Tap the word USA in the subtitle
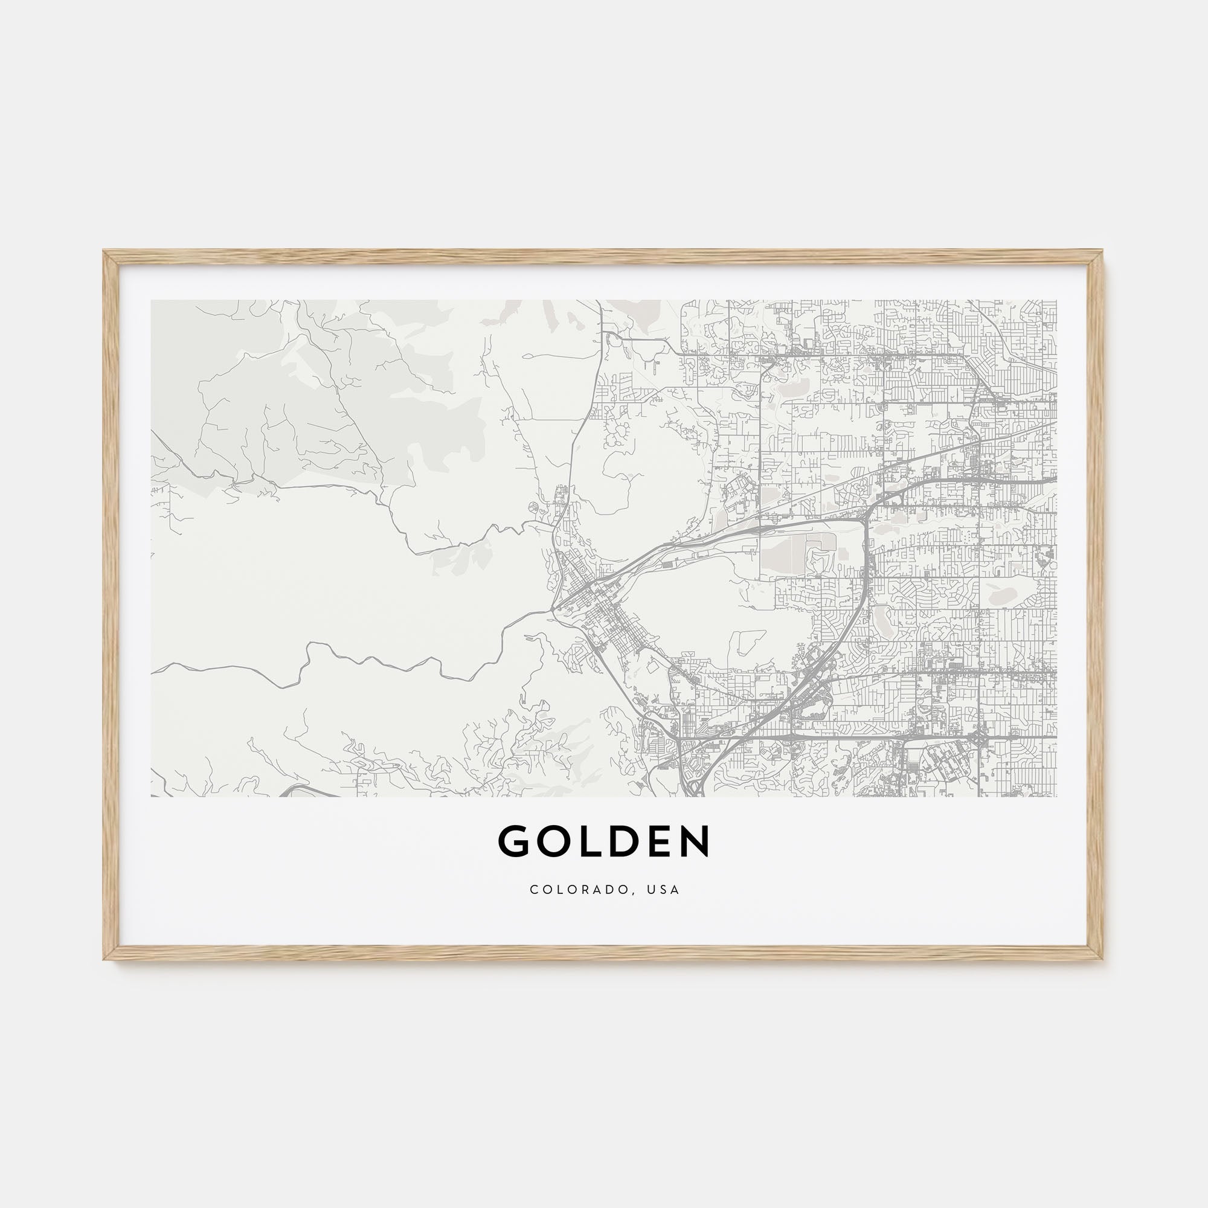click(x=663, y=890)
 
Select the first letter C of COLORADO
click(x=533, y=890)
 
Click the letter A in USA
click(x=675, y=890)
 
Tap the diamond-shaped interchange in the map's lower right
click(x=977, y=738)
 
